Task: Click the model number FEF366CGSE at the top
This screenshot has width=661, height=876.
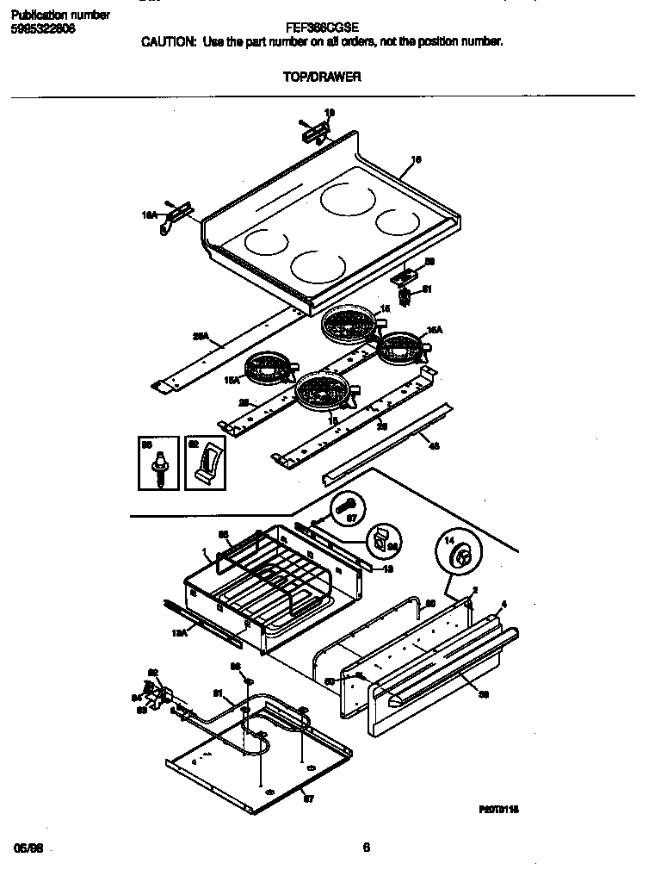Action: [323, 27]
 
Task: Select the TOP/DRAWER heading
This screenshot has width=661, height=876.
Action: [322, 77]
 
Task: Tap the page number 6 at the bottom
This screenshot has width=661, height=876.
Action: [366, 847]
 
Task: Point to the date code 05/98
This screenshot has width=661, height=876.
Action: [28, 848]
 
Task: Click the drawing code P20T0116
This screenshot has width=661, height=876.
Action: [499, 811]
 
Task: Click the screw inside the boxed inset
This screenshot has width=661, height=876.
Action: [160, 470]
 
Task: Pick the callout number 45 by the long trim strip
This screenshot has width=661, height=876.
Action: [434, 444]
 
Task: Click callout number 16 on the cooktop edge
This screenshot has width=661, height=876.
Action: [417, 158]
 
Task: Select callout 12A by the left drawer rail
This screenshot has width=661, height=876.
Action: [179, 633]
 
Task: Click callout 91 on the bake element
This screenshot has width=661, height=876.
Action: [217, 692]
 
